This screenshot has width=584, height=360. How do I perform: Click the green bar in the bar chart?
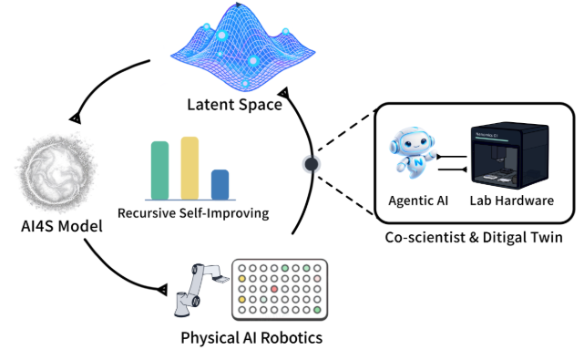pos(159,170)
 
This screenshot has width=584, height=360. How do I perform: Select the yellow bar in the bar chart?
pos(190,169)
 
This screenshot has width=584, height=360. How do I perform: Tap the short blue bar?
pos(220,185)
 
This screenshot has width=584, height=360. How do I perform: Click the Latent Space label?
pos(235,105)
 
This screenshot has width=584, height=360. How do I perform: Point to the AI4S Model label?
pos(62,226)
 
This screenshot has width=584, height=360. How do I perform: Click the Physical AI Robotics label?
pos(251,337)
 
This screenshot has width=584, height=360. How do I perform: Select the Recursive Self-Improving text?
pos(193,213)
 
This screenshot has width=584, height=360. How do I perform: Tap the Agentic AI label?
pos(418,201)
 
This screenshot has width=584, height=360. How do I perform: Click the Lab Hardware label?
pos(512,201)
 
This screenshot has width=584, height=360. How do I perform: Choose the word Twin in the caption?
pos(546,237)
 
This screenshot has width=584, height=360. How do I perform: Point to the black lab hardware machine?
pos(510,156)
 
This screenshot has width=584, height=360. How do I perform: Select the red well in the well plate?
pos(274,289)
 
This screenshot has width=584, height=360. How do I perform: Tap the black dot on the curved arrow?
pos(312,164)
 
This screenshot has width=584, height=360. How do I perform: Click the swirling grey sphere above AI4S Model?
pos(56,172)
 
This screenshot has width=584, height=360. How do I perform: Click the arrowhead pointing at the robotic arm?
pos(163,289)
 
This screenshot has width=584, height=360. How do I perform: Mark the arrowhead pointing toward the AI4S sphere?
pos(76,118)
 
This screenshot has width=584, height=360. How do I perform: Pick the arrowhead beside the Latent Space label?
pos(284,93)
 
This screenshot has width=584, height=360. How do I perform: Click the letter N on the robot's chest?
pos(418,162)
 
